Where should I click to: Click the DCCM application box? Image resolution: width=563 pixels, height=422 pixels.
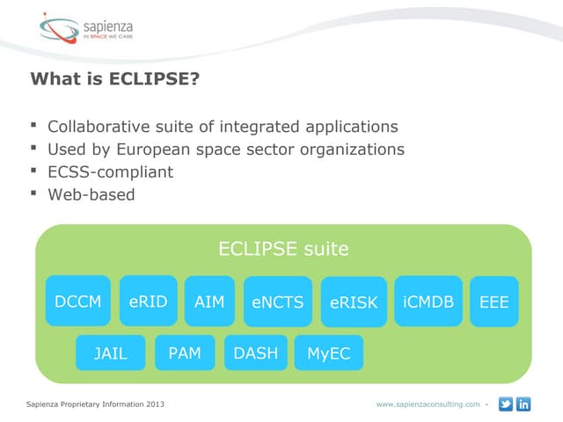pyautogui.click(x=77, y=302)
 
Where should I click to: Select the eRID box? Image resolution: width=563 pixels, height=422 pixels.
pyautogui.click(x=148, y=302)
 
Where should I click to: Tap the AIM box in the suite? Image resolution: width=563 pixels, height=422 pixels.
pyautogui.click(x=209, y=302)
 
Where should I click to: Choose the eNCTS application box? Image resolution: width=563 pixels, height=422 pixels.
pyautogui.click(x=277, y=302)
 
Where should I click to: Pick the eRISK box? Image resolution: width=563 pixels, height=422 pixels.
pyautogui.click(x=354, y=302)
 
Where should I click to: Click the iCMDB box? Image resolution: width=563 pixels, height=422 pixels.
pyautogui.click(x=428, y=302)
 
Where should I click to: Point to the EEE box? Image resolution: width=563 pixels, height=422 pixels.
pyautogui.click(x=494, y=302)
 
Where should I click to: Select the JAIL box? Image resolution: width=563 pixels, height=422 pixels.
pyautogui.click(x=110, y=353)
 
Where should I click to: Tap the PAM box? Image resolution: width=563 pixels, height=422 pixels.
pyautogui.click(x=185, y=353)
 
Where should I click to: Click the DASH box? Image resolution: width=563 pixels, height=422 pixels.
pyautogui.click(x=256, y=353)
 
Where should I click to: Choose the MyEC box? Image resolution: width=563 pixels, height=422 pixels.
pyautogui.click(x=328, y=353)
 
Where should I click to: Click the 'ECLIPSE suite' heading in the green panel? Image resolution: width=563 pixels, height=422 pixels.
pyautogui.click(x=283, y=249)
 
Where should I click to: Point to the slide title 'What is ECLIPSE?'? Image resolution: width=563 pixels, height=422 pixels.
pyautogui.click(x=114, y=79)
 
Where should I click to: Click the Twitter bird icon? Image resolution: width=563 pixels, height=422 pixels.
pyautogui.click(x=506, y=404)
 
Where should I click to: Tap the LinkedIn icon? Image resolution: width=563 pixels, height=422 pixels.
pyautogui.click(x=524, y=404)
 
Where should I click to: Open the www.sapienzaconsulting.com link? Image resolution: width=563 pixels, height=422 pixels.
pyautogui.click(x=428, y=404)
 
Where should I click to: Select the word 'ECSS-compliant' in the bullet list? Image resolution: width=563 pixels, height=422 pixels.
pyautogui.click(x=110, y=171)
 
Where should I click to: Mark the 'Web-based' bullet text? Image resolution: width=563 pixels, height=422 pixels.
pyautogui.click(x=91, y=194)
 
